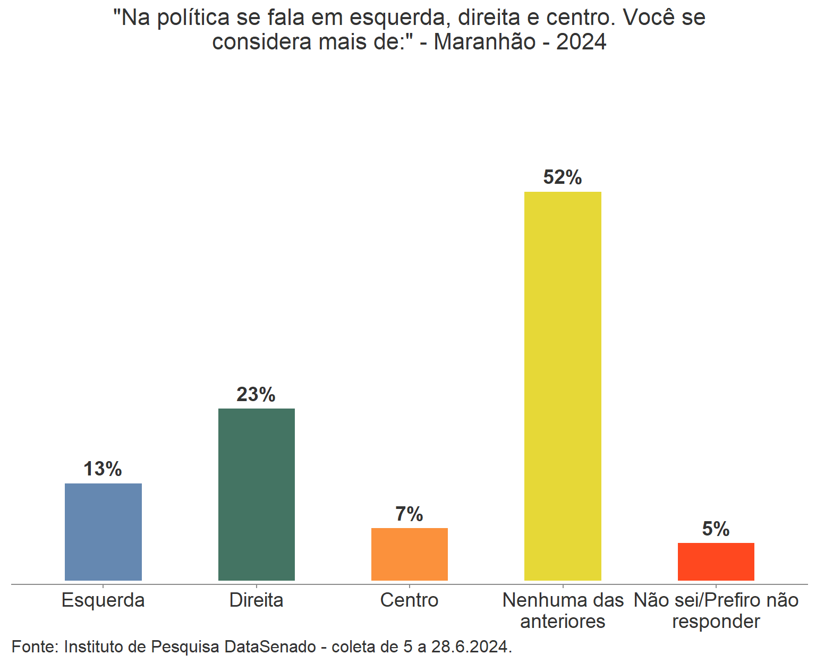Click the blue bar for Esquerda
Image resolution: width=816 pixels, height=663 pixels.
click(103, 532)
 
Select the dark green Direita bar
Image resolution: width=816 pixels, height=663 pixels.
click(256, 494)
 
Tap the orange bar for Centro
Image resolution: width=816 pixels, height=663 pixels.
click(409, 554)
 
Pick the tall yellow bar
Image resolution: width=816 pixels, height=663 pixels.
click(563, 386)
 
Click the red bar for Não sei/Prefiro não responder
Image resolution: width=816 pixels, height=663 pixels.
click(716, 562)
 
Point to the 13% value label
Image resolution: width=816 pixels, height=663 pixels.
click(103, 469)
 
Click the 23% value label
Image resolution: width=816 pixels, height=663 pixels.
click(256, 395)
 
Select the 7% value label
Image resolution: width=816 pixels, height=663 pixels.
click(409, 514)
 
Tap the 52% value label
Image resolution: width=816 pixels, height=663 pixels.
click(563, 177)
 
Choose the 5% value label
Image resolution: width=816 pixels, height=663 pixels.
click(716, 529)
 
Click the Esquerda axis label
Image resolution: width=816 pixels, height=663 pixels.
click(103, 600)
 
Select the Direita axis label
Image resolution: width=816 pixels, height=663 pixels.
click(256, 600)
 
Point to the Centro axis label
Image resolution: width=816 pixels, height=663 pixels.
click(409, 600)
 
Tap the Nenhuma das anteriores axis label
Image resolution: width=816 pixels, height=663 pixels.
click(563, 610)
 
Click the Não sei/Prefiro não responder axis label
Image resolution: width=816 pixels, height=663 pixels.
click(716, 610)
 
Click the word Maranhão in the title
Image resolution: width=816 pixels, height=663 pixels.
click(484, 42)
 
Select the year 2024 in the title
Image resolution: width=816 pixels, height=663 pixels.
click(581, 42)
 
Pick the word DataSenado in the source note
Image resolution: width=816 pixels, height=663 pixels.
click(270, 647)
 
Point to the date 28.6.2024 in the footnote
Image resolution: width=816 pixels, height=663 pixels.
click(471, 647)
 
